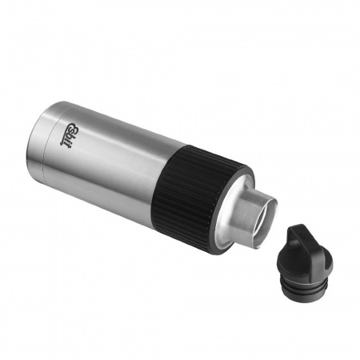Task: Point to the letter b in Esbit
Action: click(68, 138)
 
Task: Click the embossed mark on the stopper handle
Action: click(304, 235)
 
